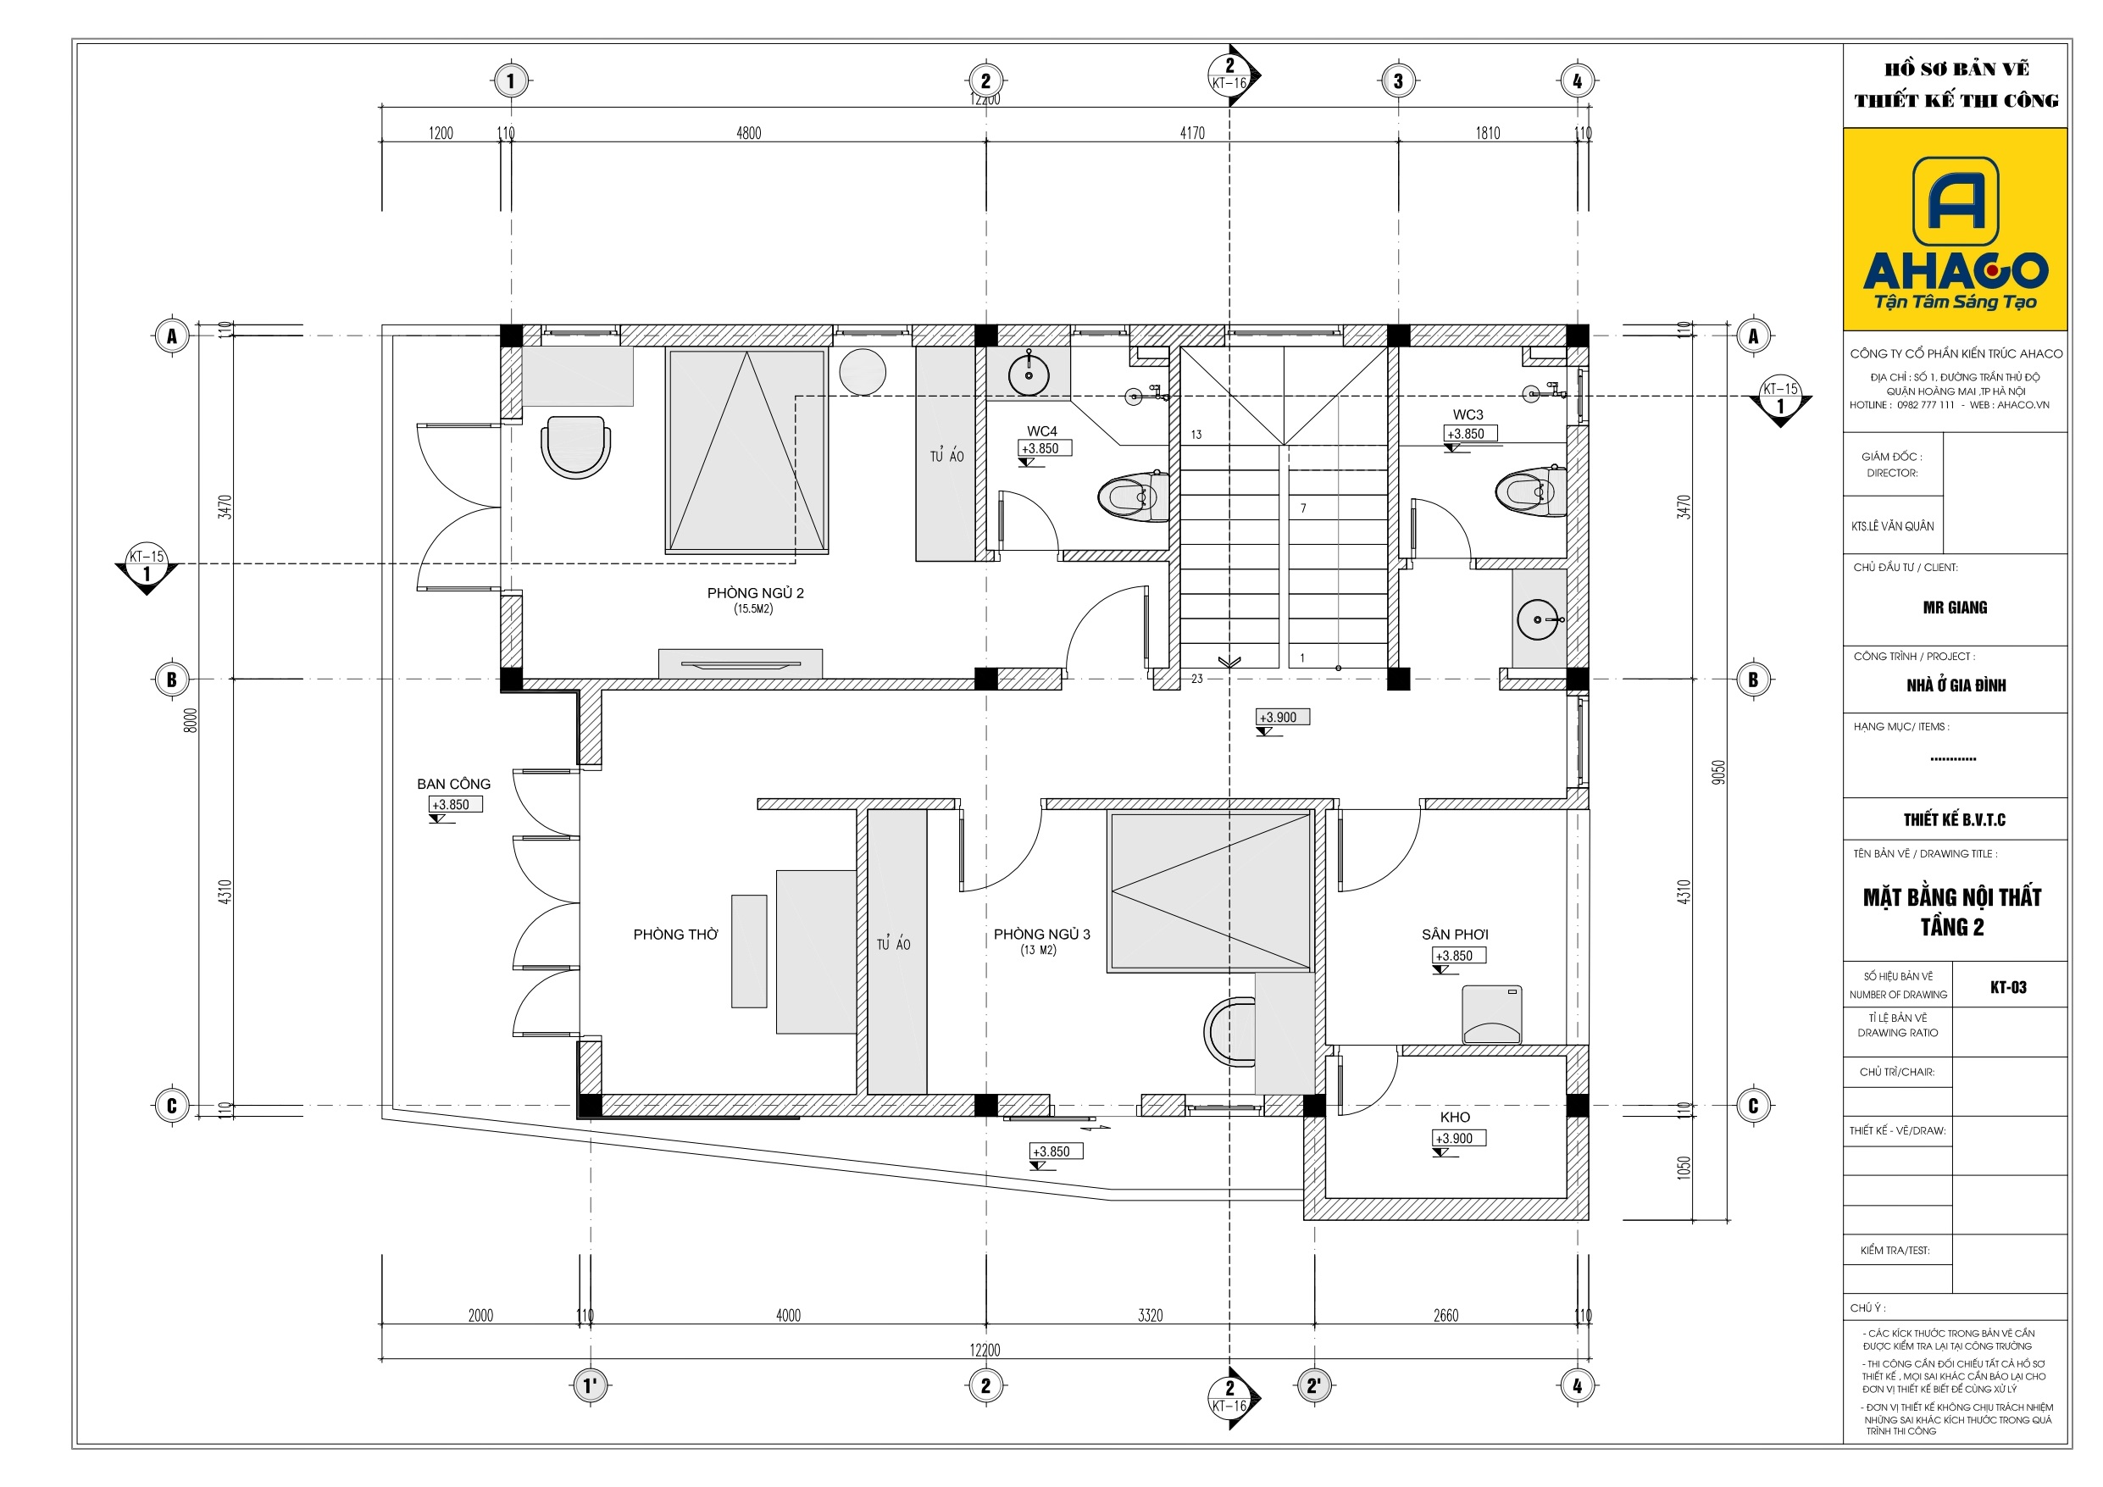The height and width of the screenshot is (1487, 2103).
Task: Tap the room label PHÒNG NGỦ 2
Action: click(756, 593)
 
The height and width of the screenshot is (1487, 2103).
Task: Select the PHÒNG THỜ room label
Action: click(676, 935)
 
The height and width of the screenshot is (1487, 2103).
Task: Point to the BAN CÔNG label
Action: click(453, 785)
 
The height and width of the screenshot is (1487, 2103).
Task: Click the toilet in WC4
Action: click(1133, 497)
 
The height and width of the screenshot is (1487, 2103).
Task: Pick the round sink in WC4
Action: click(1029, 374)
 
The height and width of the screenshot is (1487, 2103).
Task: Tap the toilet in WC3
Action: click(1529, 491)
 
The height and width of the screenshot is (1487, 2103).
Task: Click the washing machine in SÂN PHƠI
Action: click(1492, 1014)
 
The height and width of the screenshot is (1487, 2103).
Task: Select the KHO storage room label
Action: click(1455, 1117)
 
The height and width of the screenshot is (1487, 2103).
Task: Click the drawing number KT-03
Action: click(2009, 987)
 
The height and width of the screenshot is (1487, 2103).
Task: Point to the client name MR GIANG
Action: click(1955, 608)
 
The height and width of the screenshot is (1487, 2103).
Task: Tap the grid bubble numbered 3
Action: click(1398, 80)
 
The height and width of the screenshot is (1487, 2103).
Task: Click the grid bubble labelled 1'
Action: click(590, 1385)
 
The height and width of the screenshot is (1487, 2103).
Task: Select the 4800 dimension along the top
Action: click(748, 133)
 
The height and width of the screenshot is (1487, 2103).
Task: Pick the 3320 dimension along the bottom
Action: click(1150, 1316)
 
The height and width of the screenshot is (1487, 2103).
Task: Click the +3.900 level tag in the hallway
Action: click(1282, 718)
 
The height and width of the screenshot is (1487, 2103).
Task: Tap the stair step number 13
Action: click(1196, 435)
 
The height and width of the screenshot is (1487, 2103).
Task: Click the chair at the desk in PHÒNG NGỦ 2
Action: click(575, 447)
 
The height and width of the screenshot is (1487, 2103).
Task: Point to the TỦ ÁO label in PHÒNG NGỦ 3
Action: click(893, 944)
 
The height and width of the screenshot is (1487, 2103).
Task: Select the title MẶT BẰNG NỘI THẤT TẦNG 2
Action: click(1952, 912)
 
